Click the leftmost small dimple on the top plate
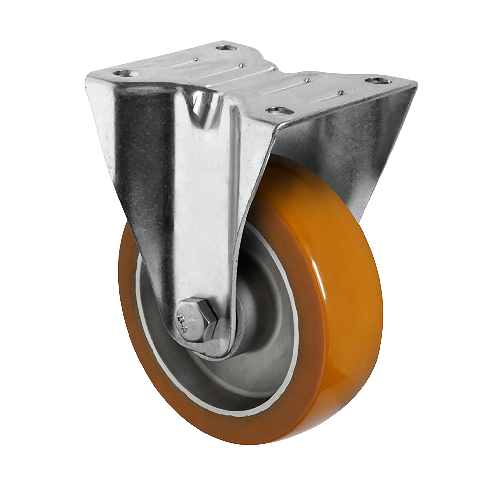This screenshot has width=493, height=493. pyautogui.click(x=196, y=59)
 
